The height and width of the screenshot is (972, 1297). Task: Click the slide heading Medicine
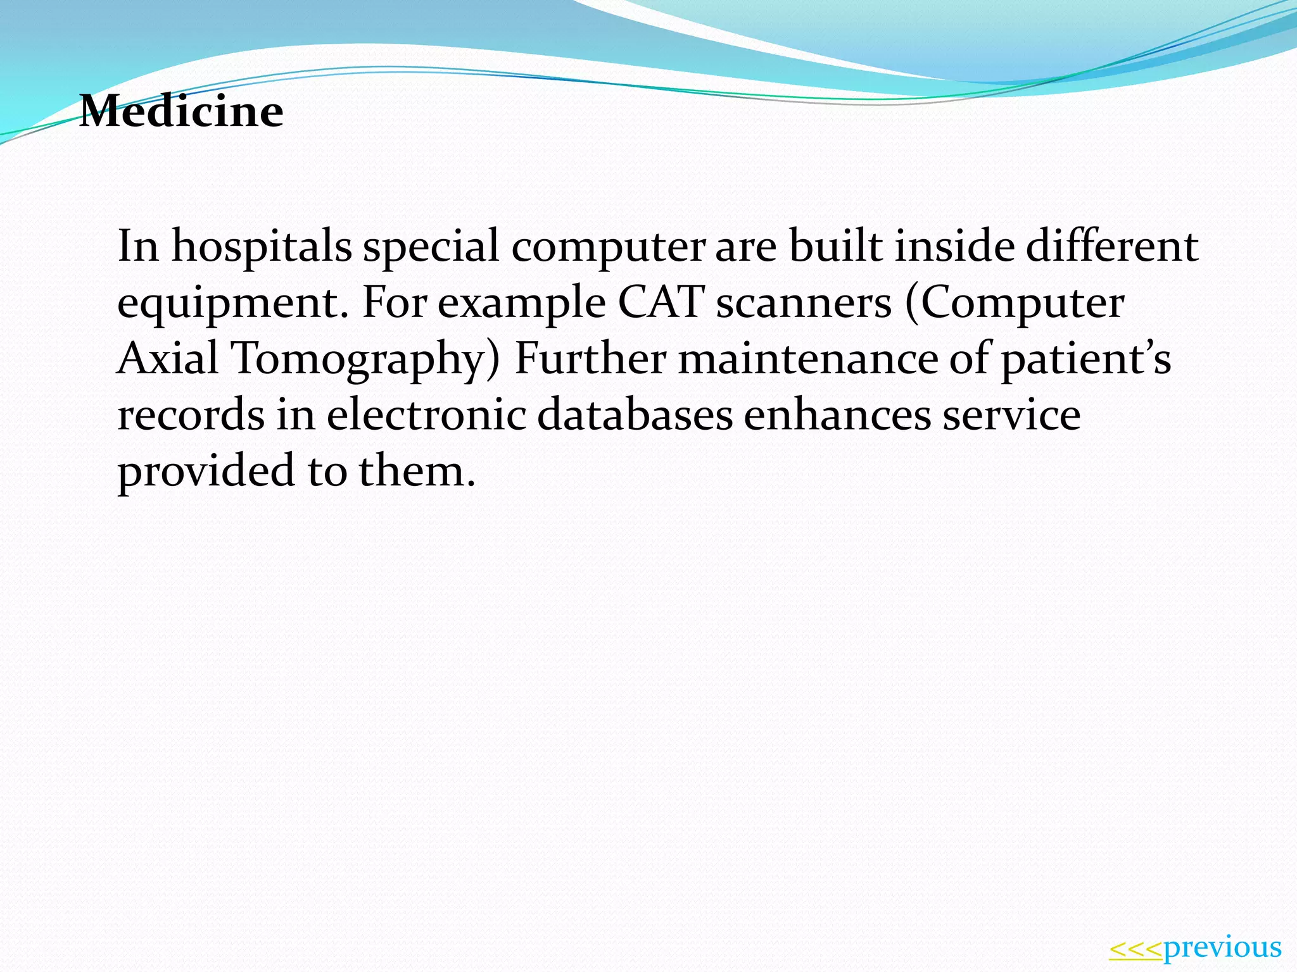(181, 111)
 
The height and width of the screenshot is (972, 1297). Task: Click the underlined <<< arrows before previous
(1136, 949)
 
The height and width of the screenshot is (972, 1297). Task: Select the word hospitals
(262, 247)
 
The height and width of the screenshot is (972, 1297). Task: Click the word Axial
(168, 358)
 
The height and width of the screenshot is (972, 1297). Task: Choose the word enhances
(837, 415)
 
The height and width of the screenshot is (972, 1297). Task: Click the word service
(1011, 415)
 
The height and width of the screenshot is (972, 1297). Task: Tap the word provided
(206, 472)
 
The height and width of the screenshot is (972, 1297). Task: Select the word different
(1112, 247)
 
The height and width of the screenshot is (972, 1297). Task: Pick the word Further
(590, 359)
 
